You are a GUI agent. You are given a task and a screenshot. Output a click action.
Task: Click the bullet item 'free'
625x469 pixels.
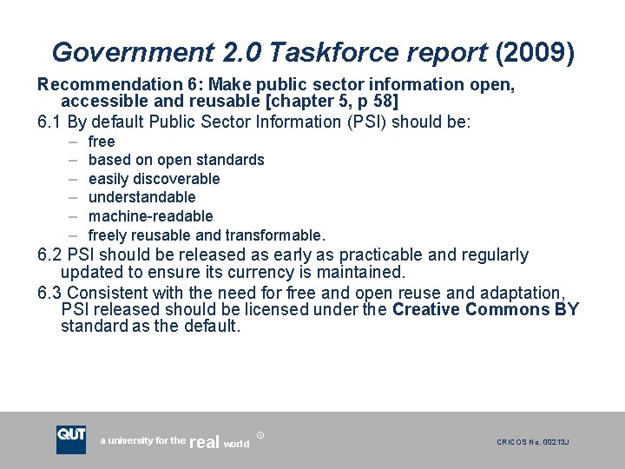tap(102, 142)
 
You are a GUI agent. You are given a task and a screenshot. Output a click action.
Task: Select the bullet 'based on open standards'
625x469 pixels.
tap(176, 160)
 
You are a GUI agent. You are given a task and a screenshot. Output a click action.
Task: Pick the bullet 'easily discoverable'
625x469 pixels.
tap(155, 179)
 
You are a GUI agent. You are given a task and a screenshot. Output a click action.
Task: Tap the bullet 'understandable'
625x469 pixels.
tap(142, 197)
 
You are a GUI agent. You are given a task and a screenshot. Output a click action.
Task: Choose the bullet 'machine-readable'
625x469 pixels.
tap(151, 216)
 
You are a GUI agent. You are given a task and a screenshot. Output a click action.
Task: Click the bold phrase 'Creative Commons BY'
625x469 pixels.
tap(485, 310)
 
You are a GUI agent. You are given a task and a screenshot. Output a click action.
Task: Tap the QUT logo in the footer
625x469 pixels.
tap(71, 439)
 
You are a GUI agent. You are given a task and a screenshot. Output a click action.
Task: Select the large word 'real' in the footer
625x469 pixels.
tap(204, 443)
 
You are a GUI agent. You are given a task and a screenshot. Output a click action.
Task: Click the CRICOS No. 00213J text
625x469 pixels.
tap(533, 443)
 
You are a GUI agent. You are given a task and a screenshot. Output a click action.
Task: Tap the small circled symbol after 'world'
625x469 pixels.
tap(261, 434)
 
